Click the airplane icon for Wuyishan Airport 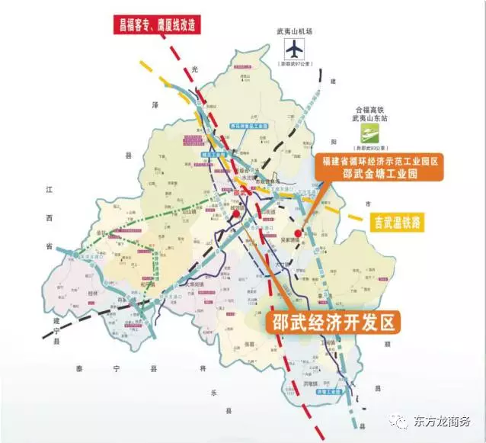(x=294, y=49)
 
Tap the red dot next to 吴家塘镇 (x=298, y=233)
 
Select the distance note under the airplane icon (x=294, y=66)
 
